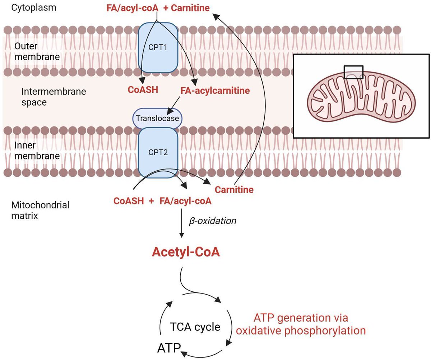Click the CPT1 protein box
(158, 47)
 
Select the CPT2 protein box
(158, 153)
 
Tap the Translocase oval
(157, 118)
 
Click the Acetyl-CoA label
(186, 252)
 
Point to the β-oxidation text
(213, 221)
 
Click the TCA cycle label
(195, 327)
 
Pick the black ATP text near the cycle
(169, 348)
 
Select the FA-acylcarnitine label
(215, 91)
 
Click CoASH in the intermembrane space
(143, 90)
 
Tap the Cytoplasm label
(34, 8)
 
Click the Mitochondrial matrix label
(40, 211)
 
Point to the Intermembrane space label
(54, 97)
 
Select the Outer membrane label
(37, 51)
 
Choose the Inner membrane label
(37, 151)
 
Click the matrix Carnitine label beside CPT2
(234, 190)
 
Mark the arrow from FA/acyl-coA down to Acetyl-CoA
(182, 223)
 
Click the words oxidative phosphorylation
(301, 331)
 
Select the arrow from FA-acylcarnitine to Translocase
(173, 105)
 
